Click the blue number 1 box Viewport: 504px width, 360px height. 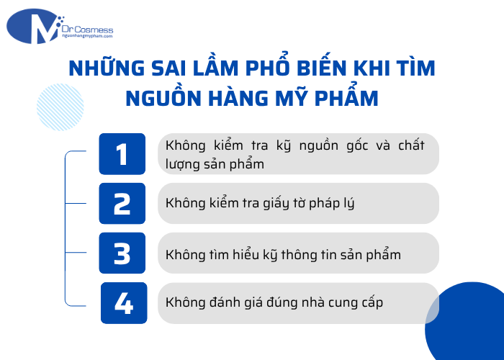pyautogui.click(x=122, y=154)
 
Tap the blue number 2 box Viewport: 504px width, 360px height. pyautogui.click(x=122, y=204)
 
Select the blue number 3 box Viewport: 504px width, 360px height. pyautogui.click(x=122, y=253)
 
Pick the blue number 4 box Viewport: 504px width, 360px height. pyautogui.click(x=124, y=303)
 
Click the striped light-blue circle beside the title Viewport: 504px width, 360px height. pyautogui.click(x=60, y=107)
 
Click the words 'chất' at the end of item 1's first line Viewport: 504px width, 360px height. pyautogui.click(x=411, y=145)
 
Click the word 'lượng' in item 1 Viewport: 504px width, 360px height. pyautogui.click(x=184, y=164)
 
